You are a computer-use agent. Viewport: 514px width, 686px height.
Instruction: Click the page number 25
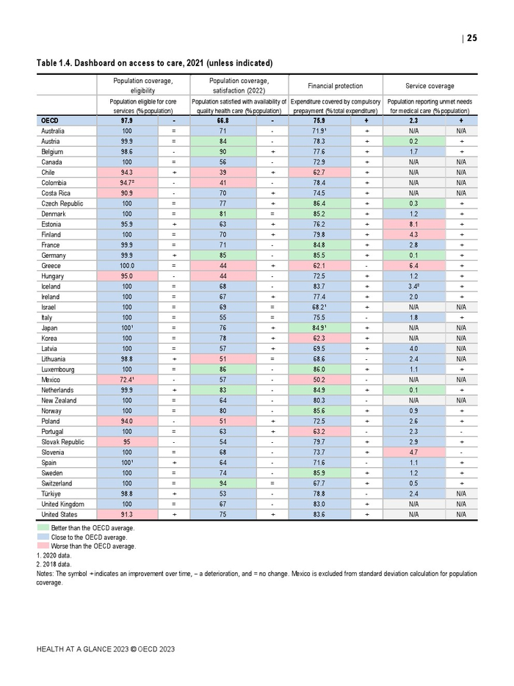pyautogui.click(x=471, y=38)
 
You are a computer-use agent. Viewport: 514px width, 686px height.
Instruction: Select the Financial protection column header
pyautogui.click(x=335, y=86)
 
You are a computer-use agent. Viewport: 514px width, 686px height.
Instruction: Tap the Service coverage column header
pyautogui.click(x=430, y=86)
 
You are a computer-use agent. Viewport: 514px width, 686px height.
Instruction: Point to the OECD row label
pyautogui.click(x=50, y=120)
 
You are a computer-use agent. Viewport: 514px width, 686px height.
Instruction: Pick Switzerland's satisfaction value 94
pyautogui.click(x=222, y=483)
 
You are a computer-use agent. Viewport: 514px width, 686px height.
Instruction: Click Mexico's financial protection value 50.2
pyautogui.click(x=319, y=379)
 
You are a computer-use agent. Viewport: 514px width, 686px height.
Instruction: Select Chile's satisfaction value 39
pyautogui.click(x=222, y=171)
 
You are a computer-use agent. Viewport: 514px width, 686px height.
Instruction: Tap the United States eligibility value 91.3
pyautogui.click(x=126, y=514)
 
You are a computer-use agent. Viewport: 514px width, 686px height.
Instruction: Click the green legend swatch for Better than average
pyautogui.click(x=43, y=527)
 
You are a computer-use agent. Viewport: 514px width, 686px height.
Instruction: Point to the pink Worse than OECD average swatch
pyautogui.click(x=43, y=546)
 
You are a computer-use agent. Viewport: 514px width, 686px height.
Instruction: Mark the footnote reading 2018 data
pyautogui.click(x=54, y=563)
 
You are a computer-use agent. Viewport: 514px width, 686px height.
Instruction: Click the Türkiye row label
pyautogui.click(x=52, y=494)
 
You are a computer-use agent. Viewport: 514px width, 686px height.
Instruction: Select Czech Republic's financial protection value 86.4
pyautogui.click(x=319, y=203)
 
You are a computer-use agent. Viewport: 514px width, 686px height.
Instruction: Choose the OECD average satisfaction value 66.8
pyautogui.click(x=222, y=120)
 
